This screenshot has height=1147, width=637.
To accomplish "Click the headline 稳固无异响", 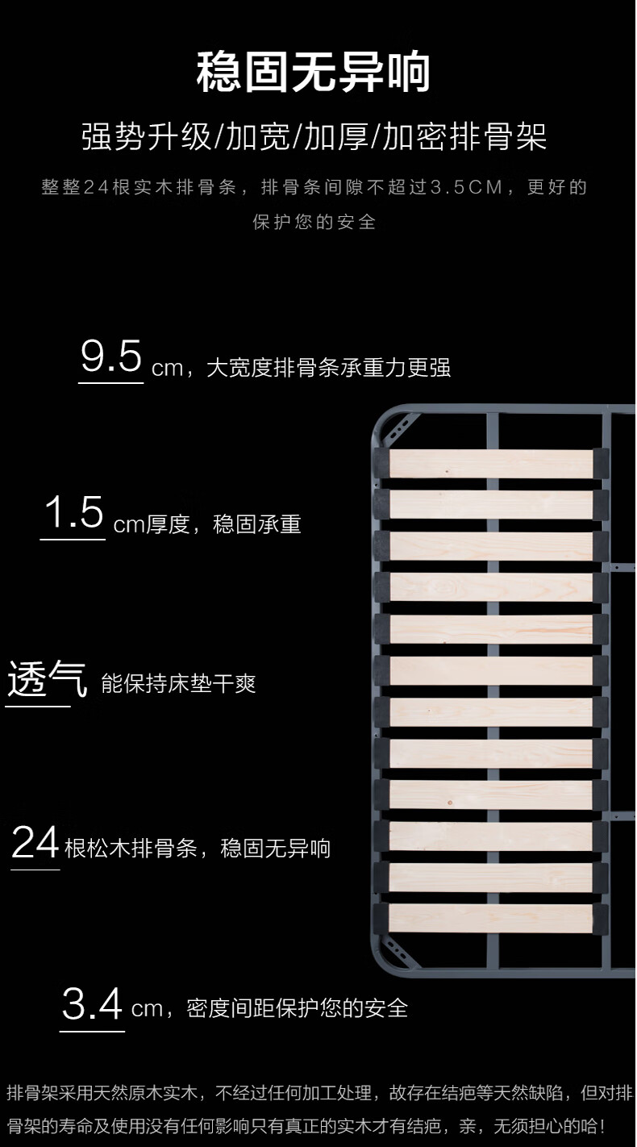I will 314,73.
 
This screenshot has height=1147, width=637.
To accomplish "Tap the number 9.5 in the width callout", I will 111,357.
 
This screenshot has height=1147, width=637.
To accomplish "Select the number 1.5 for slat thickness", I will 73,514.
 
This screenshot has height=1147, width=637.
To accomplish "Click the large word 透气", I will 47,679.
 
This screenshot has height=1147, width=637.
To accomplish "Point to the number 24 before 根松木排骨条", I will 35,844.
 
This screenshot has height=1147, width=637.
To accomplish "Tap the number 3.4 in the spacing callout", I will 93,1005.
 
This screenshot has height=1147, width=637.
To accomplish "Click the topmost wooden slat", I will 491,463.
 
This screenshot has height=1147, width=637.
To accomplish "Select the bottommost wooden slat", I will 491,918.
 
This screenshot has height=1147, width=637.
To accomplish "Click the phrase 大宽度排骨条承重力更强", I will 328,369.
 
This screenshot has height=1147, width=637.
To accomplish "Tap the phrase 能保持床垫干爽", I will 178,685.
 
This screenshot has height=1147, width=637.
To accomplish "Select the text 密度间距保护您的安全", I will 298,1008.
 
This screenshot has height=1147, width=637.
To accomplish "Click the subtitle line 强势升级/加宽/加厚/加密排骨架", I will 314,137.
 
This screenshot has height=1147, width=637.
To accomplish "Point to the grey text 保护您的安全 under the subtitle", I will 314,222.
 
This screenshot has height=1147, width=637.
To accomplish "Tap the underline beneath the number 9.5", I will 110,383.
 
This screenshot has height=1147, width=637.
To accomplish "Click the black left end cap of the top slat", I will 381,463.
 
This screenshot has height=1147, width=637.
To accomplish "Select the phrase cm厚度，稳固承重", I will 207,525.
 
